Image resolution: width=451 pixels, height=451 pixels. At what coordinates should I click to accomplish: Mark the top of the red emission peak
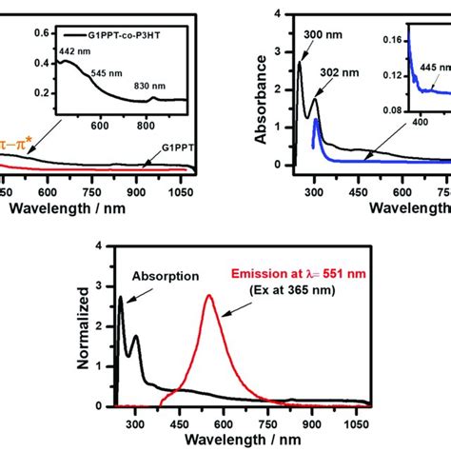[209, 296]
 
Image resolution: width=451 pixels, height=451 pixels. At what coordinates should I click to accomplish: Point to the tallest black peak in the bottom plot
[120, 298]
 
